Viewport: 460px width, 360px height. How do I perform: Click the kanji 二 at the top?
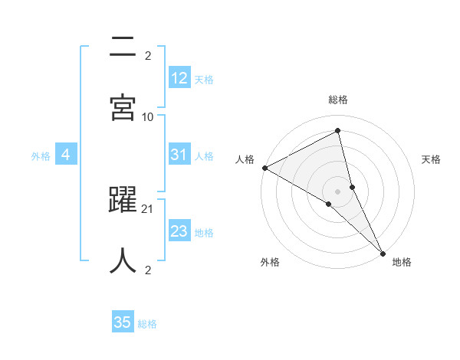point(123,47)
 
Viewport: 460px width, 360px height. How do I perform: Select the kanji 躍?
point(123,200)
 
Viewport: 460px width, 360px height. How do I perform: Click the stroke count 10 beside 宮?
point(148,116)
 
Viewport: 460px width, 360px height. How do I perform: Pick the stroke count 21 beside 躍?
point(148,208)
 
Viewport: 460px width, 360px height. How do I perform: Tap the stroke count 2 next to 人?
point(148,270)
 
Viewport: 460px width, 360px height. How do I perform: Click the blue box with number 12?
point(179,77)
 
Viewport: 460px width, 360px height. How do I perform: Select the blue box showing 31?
point(179,154)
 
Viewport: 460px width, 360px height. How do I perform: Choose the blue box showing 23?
point(179,231)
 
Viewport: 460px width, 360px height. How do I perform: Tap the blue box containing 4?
point(66,155)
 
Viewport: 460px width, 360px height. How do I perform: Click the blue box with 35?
point(123,322)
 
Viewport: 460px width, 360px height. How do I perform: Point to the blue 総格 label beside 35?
point(147,324)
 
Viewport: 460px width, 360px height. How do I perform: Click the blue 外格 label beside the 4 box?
point(41,156)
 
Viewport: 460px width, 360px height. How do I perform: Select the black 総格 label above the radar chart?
point(338,100)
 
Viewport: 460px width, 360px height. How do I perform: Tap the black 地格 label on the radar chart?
point(402,262)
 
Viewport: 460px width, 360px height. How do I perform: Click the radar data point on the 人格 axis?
point(264,168)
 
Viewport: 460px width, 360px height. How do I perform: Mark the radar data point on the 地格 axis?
point(382,252)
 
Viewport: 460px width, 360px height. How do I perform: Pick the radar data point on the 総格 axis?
point(338,131)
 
